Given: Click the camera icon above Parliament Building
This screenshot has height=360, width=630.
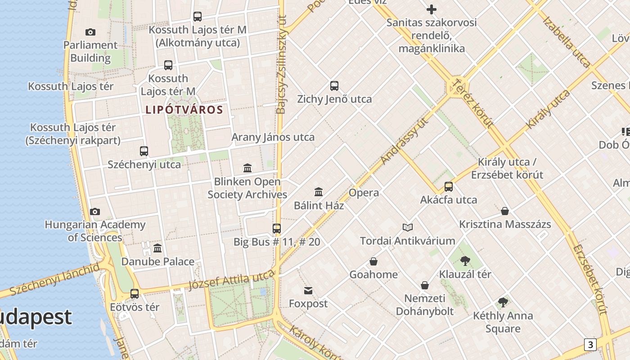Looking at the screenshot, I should pyautogui.click(x=90, y=32).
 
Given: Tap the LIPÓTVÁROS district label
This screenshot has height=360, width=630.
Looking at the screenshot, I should pyautogui.click(x=184, y=110).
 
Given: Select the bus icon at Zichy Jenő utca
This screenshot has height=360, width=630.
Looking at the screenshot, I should pyautogui.click(x=334, y=86).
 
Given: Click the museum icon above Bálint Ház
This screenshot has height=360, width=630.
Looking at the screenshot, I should pyautogui.click(x=319, y=192).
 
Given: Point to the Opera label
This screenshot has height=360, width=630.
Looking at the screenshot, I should pyautogui.click(x=364, y=193).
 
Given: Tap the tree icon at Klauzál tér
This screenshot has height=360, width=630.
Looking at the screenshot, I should pyautogui.click(x=465, y=261).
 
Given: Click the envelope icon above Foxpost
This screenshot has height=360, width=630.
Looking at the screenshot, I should pyautogui.click(x=308, y=291).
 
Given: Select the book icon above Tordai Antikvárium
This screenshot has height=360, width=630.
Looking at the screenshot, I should pyautogui.click(x=408, y=228).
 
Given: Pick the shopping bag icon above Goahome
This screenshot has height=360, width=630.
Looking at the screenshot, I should pyautogui.click(x=373, y=261).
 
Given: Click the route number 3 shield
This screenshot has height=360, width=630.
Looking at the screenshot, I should pyautogui.click(x=590, y=345).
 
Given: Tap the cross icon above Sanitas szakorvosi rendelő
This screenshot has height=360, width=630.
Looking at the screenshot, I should pyautogui.click(x=432, y=9).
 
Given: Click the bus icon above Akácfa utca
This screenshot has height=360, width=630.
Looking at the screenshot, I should pyautogui.click(x=449, y=187).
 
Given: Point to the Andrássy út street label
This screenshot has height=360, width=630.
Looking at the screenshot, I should pyautogui.click(x=404, y=140).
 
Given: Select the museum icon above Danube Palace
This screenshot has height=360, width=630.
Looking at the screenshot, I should pyautogui.click(x=157, y=248).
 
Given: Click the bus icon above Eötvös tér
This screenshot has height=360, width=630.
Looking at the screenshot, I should pyautogui.click(x=135, y=294).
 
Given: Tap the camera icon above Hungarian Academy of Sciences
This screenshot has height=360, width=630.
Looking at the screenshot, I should pyautogui.click(x=95, y=211).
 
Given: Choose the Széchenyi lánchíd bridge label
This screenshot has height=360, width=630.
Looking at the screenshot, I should pyautogui.click(x=54, y=279).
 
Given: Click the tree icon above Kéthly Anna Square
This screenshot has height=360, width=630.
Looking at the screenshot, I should pyautogui.click(x=503, y=302).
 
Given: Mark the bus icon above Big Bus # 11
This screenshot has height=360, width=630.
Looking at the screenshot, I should pyautogui.click(x=277, y=229).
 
